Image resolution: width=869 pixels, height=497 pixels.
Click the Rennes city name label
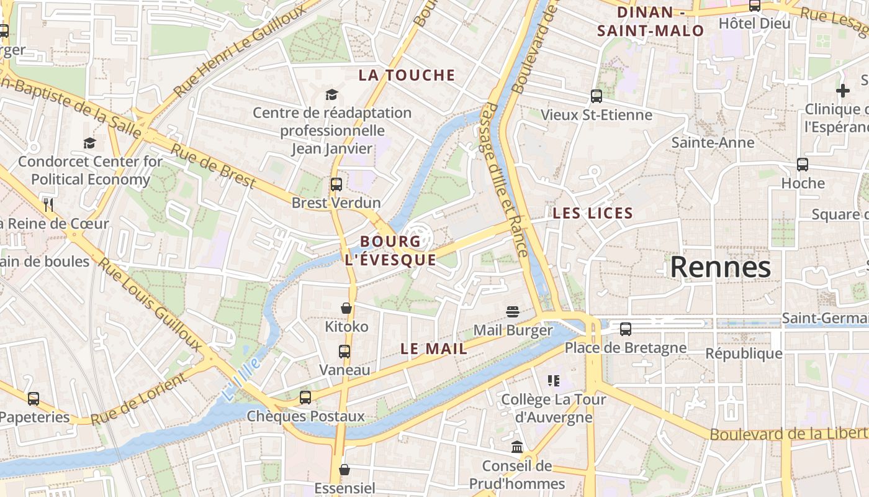coord(720,267)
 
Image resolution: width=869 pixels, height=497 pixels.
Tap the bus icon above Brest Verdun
coord(336,184)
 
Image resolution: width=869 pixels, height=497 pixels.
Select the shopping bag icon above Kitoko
coord(346,308)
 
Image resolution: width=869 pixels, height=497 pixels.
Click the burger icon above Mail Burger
coord(512,311)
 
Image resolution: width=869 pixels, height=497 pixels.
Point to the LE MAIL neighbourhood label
coord(434,349)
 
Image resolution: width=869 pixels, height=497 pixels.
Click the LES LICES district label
coord(593,214)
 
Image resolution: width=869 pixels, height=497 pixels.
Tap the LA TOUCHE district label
coord(407,75)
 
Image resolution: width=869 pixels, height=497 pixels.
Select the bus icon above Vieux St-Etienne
coord(596,96)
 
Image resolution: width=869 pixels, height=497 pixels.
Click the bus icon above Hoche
coord(803,165)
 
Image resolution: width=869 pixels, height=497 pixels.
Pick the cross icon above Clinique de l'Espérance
coord(842,91)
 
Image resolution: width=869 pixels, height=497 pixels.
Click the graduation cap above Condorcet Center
coord(90,143)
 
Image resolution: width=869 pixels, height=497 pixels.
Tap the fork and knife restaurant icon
coord(48,204)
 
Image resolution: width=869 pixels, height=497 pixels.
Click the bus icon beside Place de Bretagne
coord(625,329)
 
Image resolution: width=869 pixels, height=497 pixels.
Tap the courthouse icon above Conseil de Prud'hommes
coord(516,447)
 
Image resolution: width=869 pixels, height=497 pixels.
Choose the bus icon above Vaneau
coord(344,352)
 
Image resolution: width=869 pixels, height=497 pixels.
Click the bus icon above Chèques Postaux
coord(305,398)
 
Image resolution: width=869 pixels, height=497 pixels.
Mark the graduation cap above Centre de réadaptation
coord(332,94)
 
